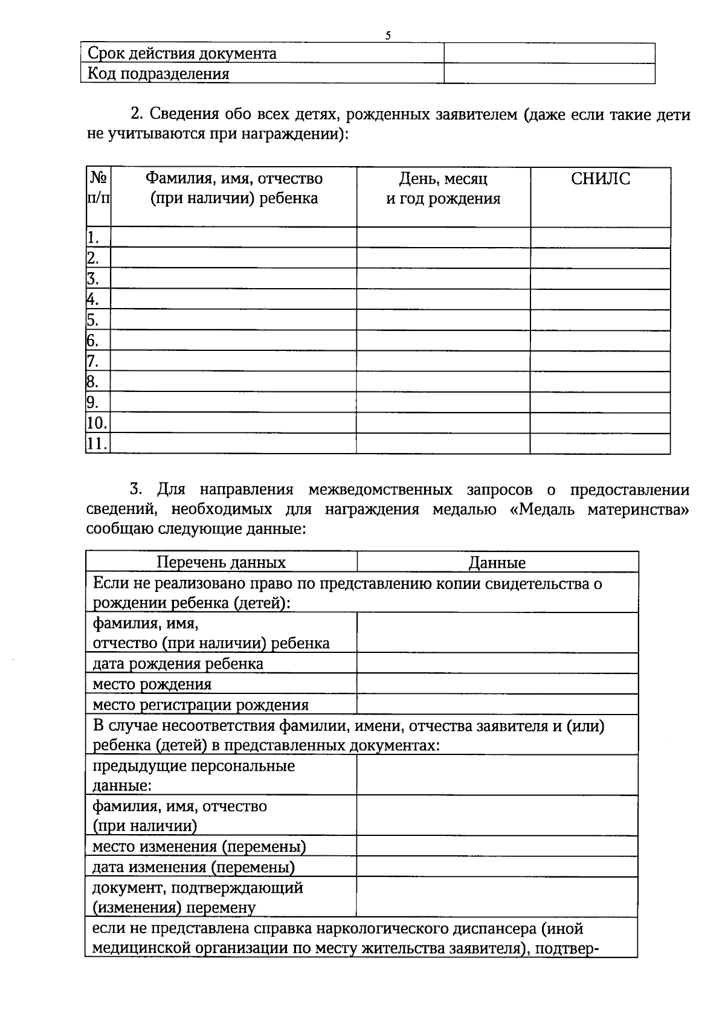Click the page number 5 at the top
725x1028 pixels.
tap(388, 36)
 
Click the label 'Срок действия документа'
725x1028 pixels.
tap(182, 54)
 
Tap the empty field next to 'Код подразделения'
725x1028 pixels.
tap(549, 74)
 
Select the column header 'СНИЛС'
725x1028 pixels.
tap(600, 179)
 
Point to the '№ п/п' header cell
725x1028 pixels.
tap(98, 188)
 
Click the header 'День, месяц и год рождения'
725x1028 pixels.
tap(443, 188)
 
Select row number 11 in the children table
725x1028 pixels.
tap(97, 444)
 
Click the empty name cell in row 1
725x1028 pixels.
tap(233, 237)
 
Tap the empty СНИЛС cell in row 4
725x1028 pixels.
tap(600, 300)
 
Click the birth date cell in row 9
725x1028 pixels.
tap(443, 402)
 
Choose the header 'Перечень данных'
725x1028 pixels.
tap(221, 562)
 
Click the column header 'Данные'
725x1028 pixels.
tap(497, 562)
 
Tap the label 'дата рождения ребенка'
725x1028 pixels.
tap(178, 664)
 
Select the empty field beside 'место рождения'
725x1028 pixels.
tap(497, 684)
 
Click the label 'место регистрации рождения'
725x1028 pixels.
tap(200, 705)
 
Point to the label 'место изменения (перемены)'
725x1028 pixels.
tap(199, 847)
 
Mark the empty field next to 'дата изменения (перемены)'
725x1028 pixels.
tap(497, 867)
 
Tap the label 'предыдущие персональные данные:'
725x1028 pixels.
tap(193, 776)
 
